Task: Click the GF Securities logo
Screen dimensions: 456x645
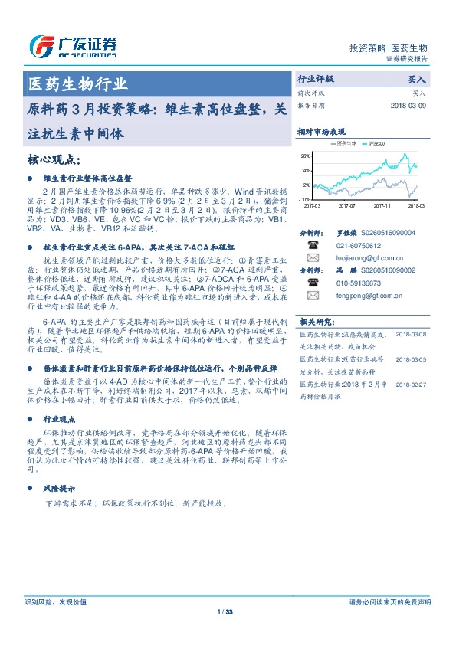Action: tap(73, 47)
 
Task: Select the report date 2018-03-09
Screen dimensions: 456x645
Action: tap(408, 106)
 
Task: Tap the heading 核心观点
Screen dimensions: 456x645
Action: tap(54, 159)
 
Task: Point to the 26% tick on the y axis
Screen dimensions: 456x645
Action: tap(305, 155)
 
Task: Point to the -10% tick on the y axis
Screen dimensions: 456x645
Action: tap(305, 198)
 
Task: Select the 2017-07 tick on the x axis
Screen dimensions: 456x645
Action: tap(346, 205)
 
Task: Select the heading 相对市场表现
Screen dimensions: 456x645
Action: tap(321, 132)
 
